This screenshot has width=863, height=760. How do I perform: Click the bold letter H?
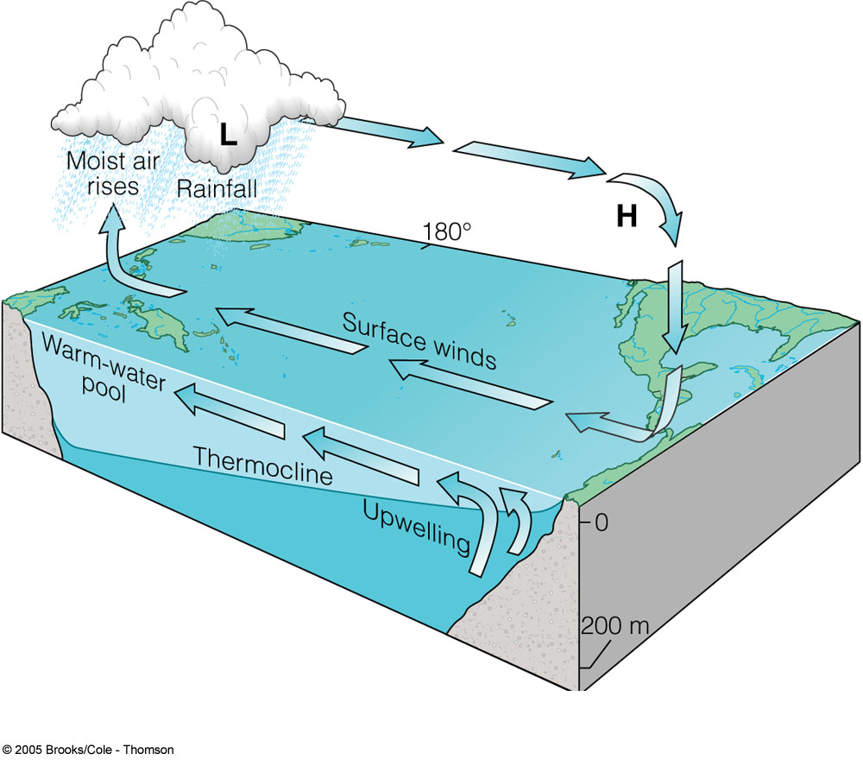pyautogui.click(x=626, y=217)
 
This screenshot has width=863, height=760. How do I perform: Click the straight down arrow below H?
pyautogui.click(x=677, y=310)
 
